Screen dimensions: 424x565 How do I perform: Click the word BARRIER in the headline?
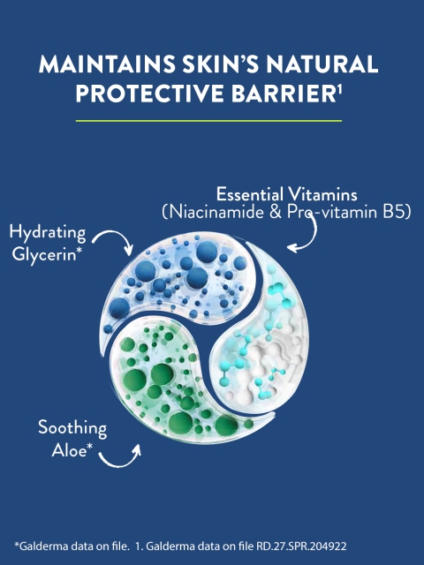coord(284,94)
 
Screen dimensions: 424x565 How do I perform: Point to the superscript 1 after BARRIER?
coord(339,89)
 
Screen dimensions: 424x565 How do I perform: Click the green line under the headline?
coord(208,121)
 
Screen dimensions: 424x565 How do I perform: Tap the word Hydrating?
coord(48,232)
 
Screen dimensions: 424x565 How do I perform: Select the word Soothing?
coord(72,428)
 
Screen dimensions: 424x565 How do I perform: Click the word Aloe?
coord(70,450)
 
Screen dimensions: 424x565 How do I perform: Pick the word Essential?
coord(250,194)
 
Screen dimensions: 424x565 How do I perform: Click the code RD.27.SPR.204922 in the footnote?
coord(301,546)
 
